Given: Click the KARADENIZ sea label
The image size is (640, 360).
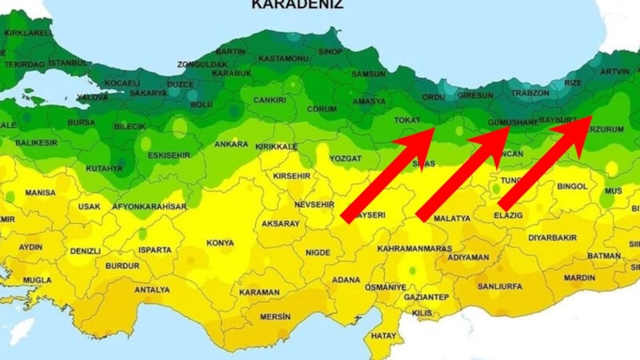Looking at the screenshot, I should tap(298, 4).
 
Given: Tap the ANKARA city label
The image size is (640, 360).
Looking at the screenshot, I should tap(230, 145).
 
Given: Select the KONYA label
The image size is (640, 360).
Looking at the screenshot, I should tap(220, 243).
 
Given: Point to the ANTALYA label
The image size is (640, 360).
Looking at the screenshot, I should tap(152, 290).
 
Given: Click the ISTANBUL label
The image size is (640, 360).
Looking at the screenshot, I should tap(68, 62).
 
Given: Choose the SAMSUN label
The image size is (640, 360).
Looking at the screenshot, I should tap(369, 74).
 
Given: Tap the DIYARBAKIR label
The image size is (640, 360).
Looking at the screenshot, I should tap(552, 238).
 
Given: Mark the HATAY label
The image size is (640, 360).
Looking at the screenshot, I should tap(384, 336).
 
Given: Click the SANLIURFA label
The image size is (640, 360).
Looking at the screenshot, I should tap(498, 286).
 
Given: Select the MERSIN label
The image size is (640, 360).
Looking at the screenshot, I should tap(275, 317).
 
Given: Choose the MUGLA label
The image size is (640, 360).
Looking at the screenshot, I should tap(37, 281).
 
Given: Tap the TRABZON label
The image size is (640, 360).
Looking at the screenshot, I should tap(530, 93).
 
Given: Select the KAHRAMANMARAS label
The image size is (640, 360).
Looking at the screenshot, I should tap(414, 249).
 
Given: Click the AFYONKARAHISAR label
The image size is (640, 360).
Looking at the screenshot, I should tap(149, 206).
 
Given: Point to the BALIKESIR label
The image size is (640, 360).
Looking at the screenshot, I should tap(36, 142).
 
